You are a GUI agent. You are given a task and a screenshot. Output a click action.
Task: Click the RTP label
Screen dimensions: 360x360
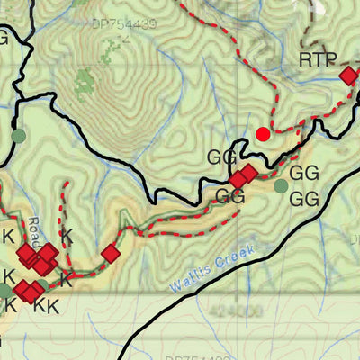point(318,61)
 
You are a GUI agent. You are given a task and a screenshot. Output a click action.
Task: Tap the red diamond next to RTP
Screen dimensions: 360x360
point(348,76)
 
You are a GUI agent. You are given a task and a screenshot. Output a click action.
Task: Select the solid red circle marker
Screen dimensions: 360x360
point(263,134)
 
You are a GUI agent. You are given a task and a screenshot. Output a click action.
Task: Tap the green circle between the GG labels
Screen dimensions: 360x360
point(281,186)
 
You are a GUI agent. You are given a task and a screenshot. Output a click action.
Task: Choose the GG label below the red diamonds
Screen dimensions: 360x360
point(230,195)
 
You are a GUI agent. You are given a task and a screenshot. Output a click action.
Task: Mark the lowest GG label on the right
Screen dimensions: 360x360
point(306,197)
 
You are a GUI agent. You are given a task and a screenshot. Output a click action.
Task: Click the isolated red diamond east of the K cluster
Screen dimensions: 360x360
point(110,254)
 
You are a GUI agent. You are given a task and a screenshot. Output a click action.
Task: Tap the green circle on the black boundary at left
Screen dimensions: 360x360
point(18,136)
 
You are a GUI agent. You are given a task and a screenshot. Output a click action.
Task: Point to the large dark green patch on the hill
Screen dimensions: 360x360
point(85,85)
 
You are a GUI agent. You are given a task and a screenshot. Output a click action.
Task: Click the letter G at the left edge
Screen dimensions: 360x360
point(4,38)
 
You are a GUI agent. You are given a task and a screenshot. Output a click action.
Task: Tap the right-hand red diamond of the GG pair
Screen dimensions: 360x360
point(249,173)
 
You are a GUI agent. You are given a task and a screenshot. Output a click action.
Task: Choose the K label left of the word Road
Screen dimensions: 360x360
point(8,237)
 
